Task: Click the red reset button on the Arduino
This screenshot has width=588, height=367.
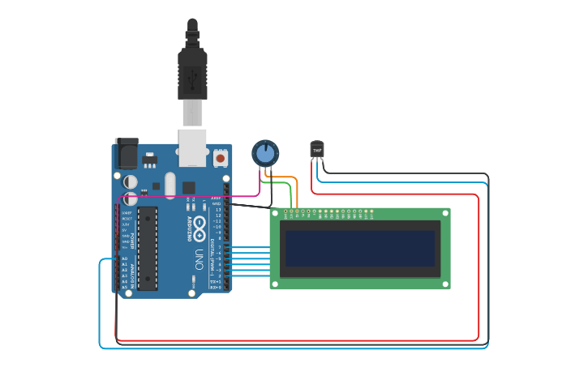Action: [221, 159]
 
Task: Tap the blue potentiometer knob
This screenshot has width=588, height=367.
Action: [265, 152]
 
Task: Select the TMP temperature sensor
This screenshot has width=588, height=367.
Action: [317, 149]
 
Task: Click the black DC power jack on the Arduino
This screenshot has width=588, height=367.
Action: [127, 153]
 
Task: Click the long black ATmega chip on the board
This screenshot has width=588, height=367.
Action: [148, 248]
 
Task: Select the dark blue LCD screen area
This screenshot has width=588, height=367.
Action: [358, 249]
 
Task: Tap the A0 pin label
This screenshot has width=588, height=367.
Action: [124, 258]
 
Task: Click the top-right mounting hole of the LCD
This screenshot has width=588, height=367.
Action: [444, 215]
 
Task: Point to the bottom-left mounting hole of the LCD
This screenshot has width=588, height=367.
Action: [276, 284]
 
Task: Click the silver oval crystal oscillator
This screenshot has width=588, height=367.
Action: [170, 185]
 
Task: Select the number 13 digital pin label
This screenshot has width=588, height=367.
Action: [217, 209]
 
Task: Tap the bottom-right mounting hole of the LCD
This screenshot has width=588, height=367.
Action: [444, 284]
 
